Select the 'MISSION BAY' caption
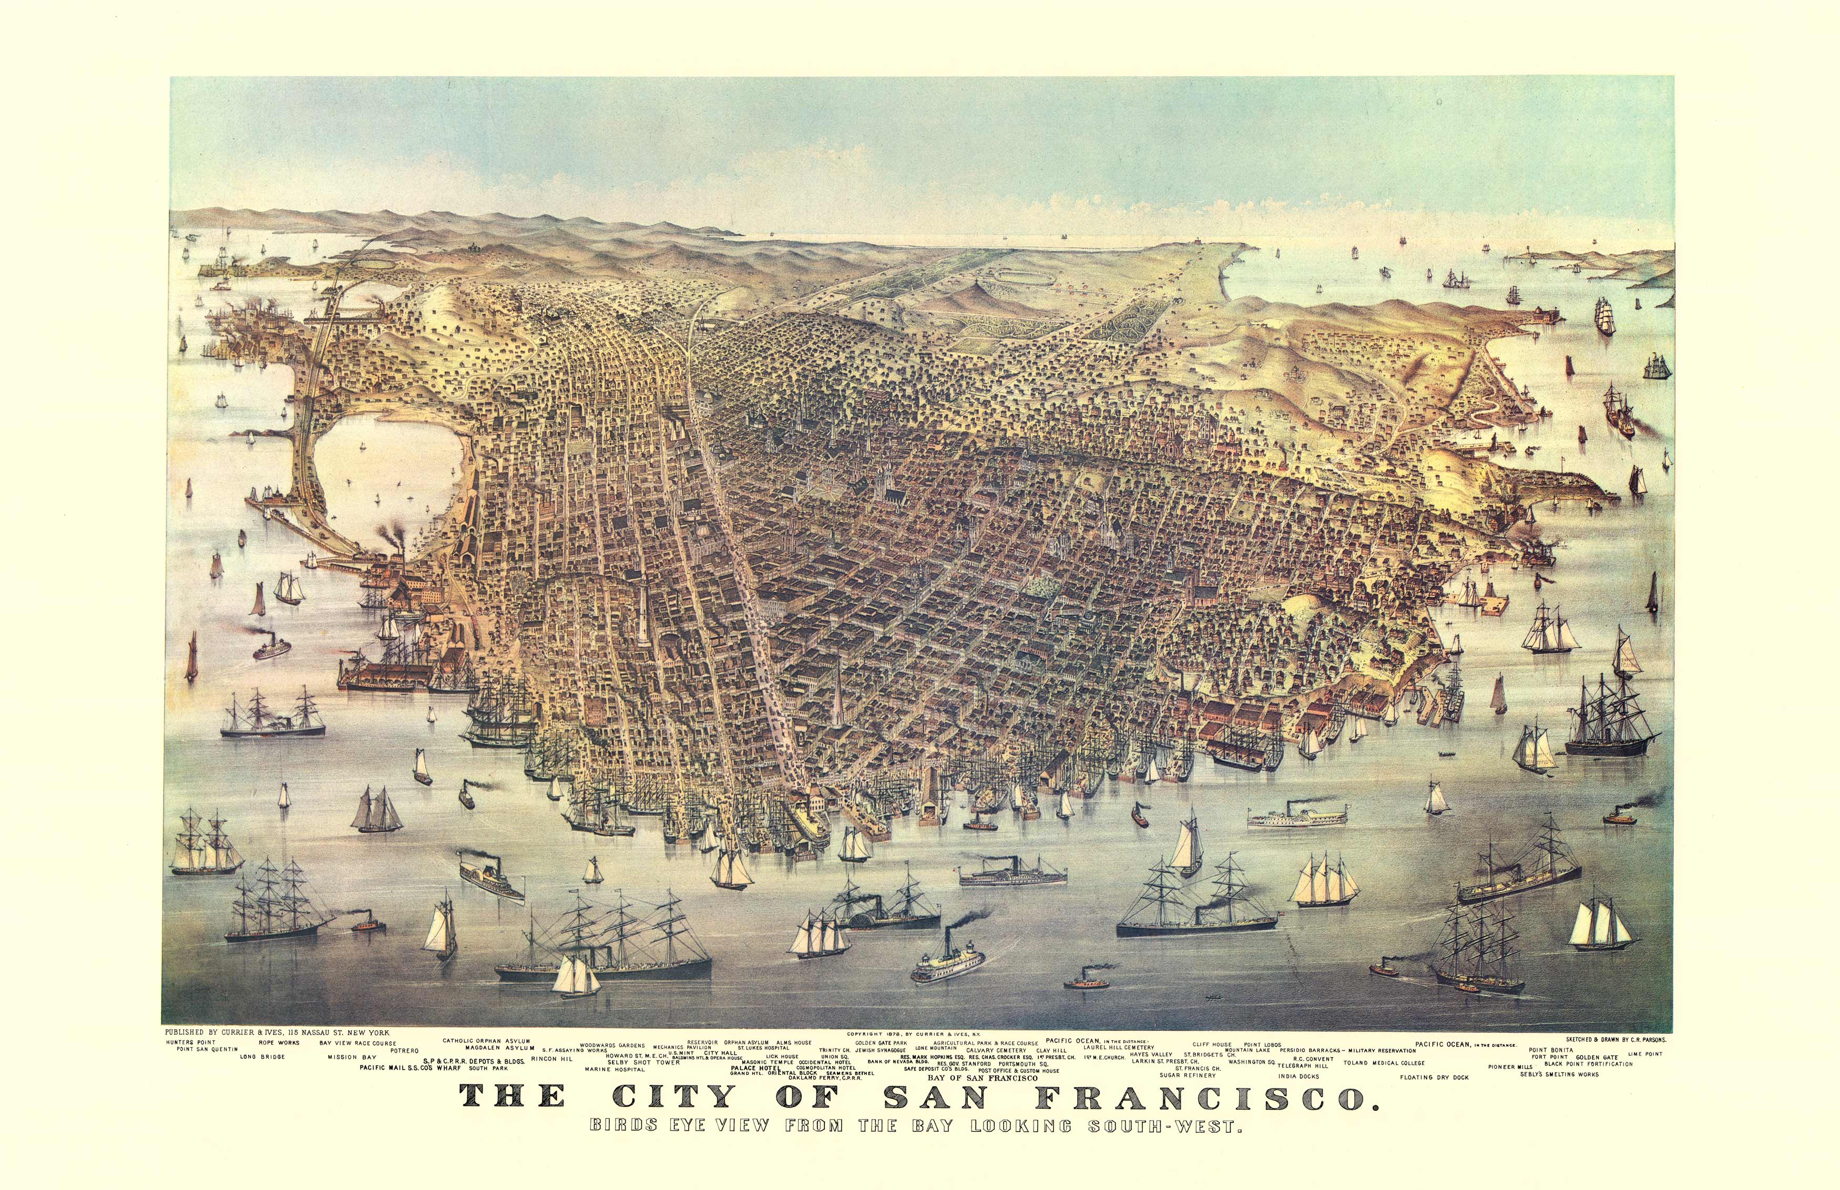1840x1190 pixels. (352, 1057)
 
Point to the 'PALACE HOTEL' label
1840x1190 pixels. (755, 1068)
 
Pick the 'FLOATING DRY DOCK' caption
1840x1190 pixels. (1433, 1077)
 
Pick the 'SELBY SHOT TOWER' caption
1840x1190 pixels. (643, 1062)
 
